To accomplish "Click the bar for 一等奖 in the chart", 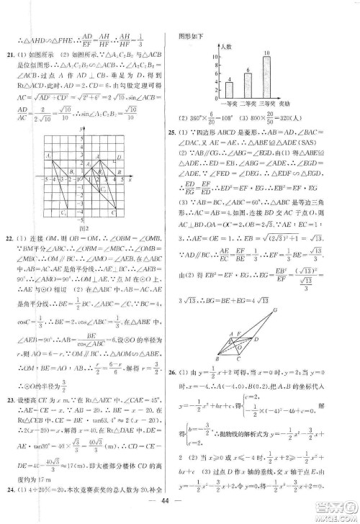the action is pos(228,90).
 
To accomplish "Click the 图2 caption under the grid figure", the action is pos(89,244).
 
